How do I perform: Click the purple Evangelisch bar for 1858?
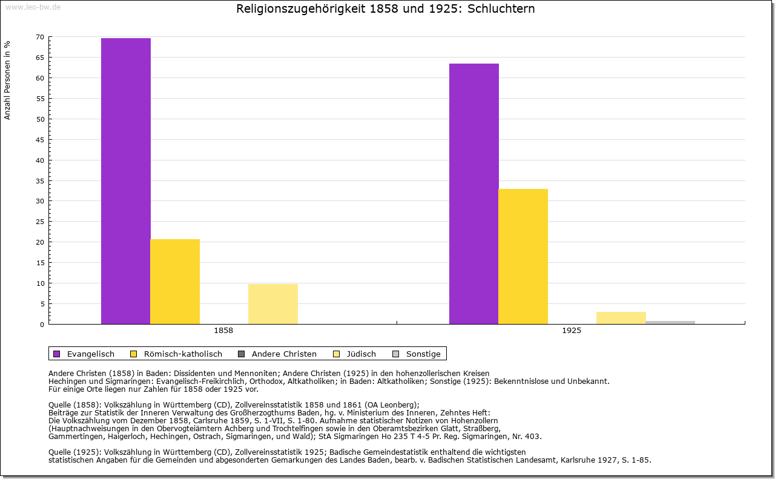126,181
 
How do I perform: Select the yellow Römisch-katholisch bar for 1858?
175,282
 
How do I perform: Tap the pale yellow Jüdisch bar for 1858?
273,304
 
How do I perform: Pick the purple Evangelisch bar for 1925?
474,194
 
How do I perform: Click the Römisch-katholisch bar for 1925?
523,256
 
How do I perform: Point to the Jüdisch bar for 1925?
621,318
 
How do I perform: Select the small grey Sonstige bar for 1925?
670,322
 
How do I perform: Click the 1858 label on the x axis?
223,331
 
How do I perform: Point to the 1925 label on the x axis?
572,331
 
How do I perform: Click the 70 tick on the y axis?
40,37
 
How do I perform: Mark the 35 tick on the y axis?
40,180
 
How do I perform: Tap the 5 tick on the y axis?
42,304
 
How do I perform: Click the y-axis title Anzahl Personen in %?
8,80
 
